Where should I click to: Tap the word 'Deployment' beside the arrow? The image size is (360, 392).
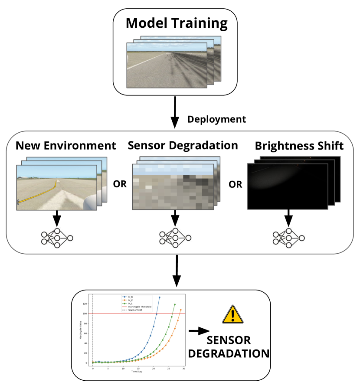point(216,119)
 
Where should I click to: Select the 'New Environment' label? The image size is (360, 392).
point(66,146)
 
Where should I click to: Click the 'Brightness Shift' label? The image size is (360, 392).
point(299,146)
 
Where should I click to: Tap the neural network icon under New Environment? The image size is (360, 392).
point(57,238)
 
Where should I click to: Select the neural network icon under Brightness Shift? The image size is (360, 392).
point(288,238)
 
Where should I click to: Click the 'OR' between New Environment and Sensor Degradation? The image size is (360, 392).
point(119,183)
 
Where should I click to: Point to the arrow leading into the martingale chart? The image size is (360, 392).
point(177,271)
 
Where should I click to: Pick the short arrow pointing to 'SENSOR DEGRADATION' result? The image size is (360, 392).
point(197,331)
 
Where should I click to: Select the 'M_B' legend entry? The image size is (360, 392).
point(130,297)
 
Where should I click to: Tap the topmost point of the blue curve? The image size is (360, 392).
point(160,297)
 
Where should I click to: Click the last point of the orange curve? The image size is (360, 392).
point(181,310)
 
